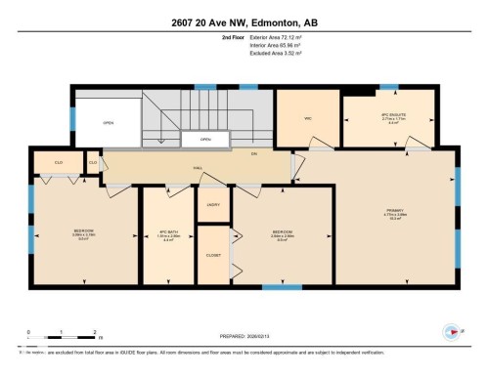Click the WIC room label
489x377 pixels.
(306, 118)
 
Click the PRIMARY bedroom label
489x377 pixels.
(395, 215)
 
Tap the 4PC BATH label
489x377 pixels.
(169, 233)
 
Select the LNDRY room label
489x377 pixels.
(212, 204)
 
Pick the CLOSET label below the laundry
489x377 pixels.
(212, 255)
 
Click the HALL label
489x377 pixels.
(198, 168)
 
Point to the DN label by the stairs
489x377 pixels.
(252, 154)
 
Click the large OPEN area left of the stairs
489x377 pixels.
(108, 123)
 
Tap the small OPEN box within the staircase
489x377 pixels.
(205, 140)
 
